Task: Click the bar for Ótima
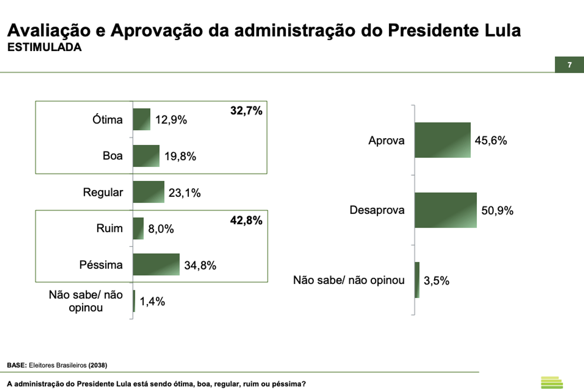142,119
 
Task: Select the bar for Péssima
156,265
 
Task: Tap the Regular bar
148,192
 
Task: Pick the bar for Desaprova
445,210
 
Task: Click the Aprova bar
442,140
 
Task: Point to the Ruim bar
138,229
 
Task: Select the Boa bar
146,156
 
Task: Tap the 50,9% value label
497,211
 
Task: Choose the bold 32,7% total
246,111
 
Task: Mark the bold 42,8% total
246,220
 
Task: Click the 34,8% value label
200,265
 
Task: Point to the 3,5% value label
437,281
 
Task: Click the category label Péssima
101,265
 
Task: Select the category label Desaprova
377,211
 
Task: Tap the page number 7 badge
569,65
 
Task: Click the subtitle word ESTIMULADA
44,48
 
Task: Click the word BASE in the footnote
17,365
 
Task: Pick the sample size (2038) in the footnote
97,365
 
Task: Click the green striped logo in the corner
551,382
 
